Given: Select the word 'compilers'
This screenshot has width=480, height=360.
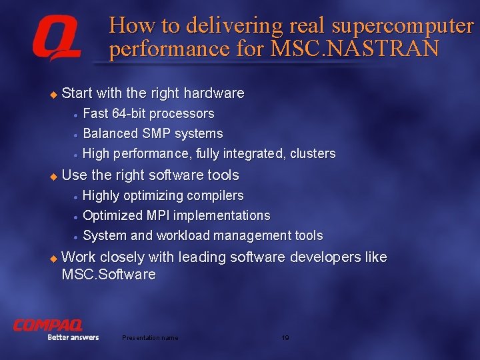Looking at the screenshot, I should pyautogui.click(x=215, y=195).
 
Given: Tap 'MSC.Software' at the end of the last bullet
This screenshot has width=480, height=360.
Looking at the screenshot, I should pyautogui.click(x=109, y=275).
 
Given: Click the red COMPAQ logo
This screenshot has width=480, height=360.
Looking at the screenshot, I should pyautogui.click(x=47, y=325).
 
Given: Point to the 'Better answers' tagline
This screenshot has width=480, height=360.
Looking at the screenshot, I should pyautogui.click(x=73, y=337).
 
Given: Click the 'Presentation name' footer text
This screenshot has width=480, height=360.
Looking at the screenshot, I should pyautogui.click(x=150, y=338).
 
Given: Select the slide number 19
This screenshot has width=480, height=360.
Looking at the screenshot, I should pyautogui.click(x=285, y=338).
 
